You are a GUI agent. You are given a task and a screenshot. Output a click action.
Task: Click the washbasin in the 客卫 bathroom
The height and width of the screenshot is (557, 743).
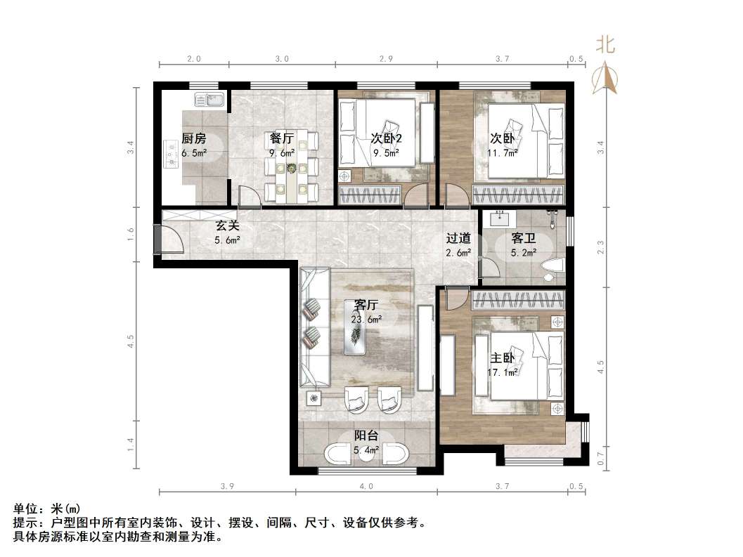(502, 218)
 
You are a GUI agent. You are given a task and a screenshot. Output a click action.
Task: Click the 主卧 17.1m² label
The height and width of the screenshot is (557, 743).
(503, 364)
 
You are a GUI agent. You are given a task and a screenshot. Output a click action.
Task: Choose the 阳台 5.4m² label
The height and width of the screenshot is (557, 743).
(366, 443)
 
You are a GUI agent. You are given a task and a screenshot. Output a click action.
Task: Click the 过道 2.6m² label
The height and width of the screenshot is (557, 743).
(458, 246)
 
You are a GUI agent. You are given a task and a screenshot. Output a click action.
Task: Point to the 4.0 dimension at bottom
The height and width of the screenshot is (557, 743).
(366, 486)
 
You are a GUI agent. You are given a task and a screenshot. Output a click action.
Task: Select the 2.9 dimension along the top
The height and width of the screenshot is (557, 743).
(385, 60)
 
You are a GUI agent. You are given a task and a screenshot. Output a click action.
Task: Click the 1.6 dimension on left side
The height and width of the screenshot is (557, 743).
(130, 235)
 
